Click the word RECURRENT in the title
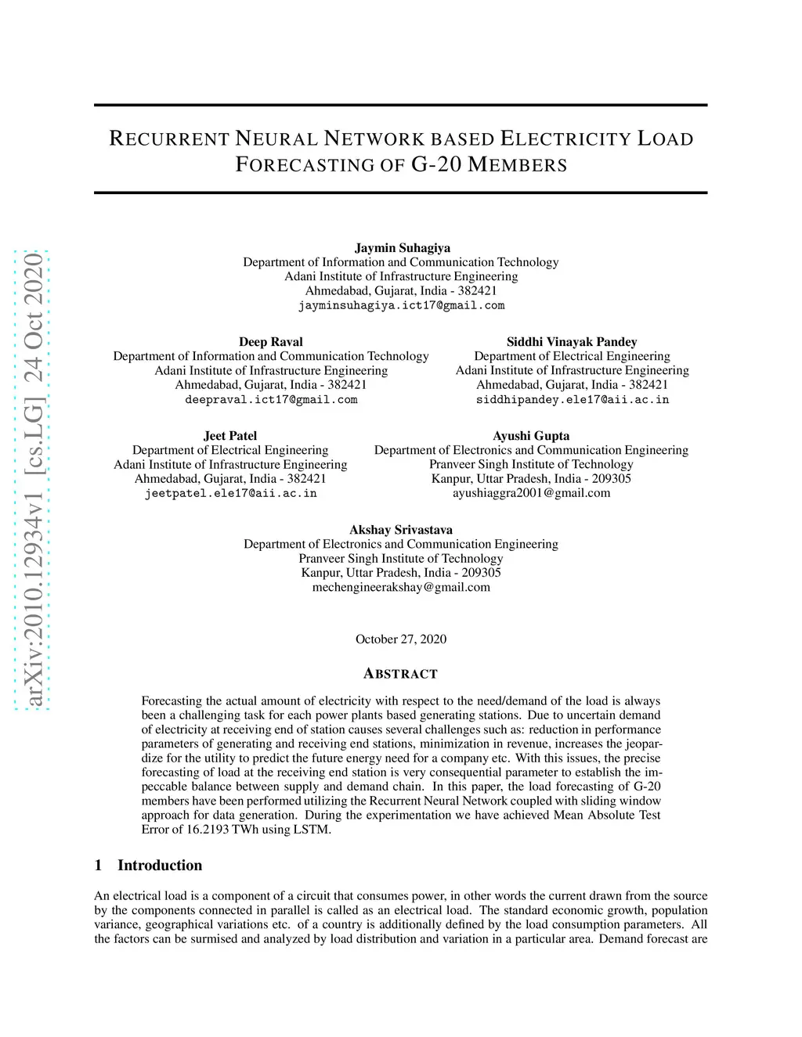(x=169, y=139)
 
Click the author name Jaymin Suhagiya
(x=403, y=248)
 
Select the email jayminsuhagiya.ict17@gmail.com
(x=401, y=305)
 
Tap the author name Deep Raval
(x=271, y=342)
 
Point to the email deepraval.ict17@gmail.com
(x=271, y=399)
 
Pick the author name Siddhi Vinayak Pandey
(x=572, y=342)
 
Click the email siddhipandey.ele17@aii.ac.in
(x=573, y=399)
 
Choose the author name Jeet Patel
(x=230, y=436)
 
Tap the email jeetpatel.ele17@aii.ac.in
(x=230, y=493)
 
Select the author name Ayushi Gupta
(x=531, y=436)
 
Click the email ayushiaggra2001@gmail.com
(x=531, y=493)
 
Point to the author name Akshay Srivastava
(x=401, y=530)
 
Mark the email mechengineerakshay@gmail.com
(x=401, y=587)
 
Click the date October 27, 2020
(x=401, y=639)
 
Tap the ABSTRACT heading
(x=401, y=674)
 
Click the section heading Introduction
(x=160, y=865)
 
